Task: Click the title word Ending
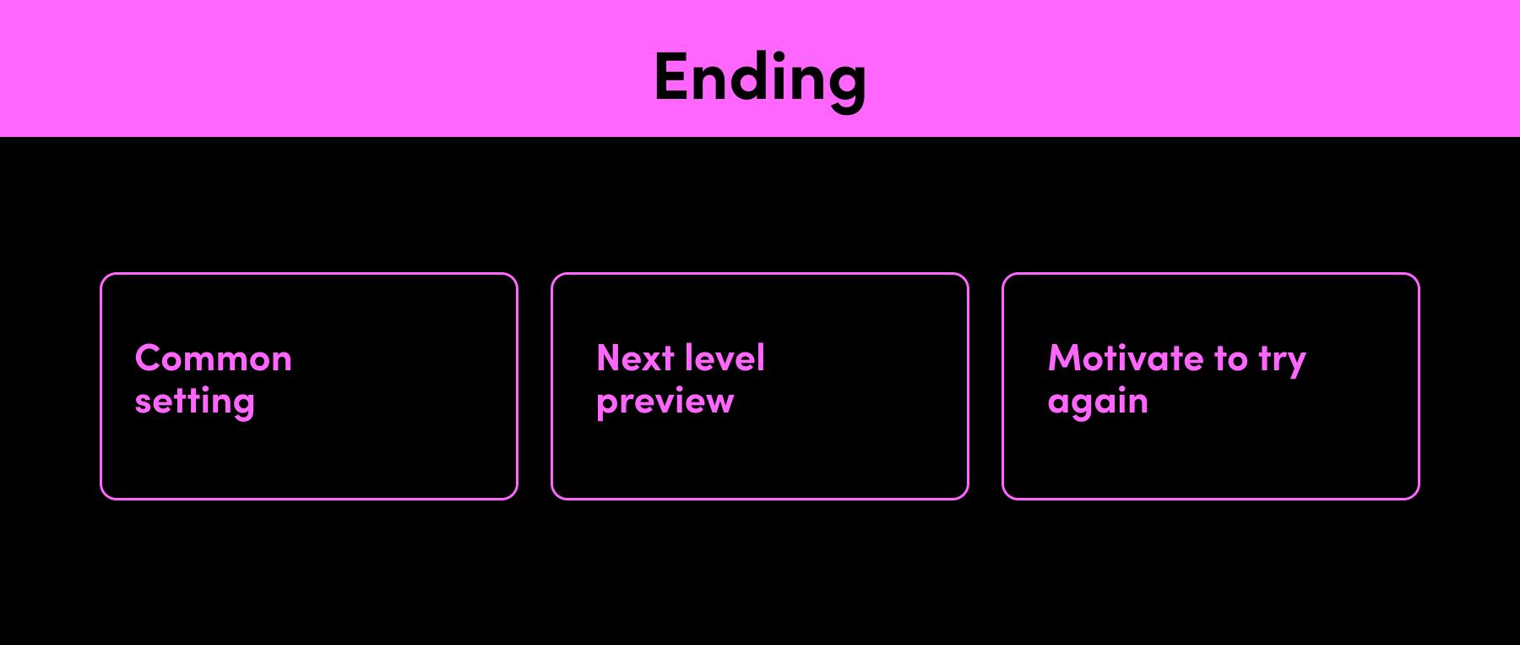(x=760, y=79)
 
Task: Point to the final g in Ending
(x=845, y=88)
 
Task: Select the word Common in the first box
(x=214, y=358)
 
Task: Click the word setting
(x=194, y=402)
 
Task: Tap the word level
(x=726, y=358)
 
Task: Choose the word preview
(x=665, y=402)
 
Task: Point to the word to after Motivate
(x=1231, y=359)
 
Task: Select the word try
(x=1283, y=362)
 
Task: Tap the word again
(x=1098, y=403)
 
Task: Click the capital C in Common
(x=149, y=358)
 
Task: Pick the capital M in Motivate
(x=1067, y=358)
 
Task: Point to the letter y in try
(x=1295, y=365)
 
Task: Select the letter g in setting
(x=242, y=405)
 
